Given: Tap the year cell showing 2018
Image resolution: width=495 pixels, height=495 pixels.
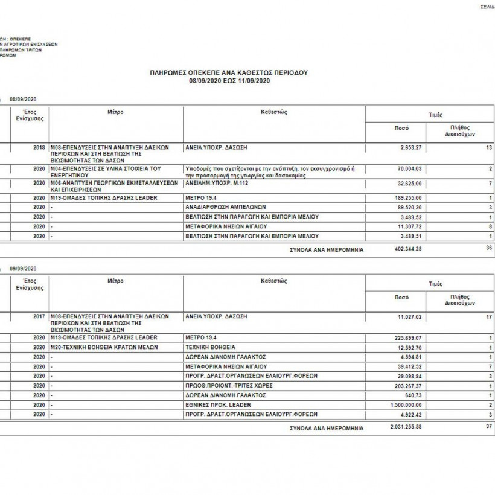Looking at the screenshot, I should click(x=39, y=147).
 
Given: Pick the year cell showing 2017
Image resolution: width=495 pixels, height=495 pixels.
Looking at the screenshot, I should click(x=39, y=316).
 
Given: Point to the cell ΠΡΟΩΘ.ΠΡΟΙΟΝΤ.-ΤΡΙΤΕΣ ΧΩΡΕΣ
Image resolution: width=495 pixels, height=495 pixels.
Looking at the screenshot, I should click(x=227, y=385).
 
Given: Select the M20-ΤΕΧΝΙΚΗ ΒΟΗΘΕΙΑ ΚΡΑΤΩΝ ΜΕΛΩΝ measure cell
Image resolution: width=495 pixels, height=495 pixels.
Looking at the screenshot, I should click(x=97, y=347).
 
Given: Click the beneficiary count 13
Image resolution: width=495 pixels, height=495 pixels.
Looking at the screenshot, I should click(x=488, y=147).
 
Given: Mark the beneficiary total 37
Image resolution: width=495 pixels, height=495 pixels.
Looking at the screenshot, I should click(x=488, y=427).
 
